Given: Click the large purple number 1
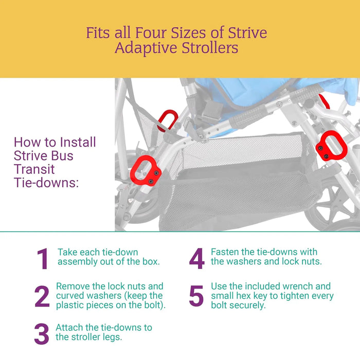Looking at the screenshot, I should [42, 259].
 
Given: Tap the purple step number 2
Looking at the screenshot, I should [42, 297].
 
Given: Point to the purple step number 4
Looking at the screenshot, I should [196, 259].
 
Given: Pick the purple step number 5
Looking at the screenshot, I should [196, 296].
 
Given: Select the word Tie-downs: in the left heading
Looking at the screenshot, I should [46, 183].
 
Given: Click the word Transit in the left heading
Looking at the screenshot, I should [34, 169].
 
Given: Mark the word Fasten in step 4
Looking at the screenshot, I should [226, 252].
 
